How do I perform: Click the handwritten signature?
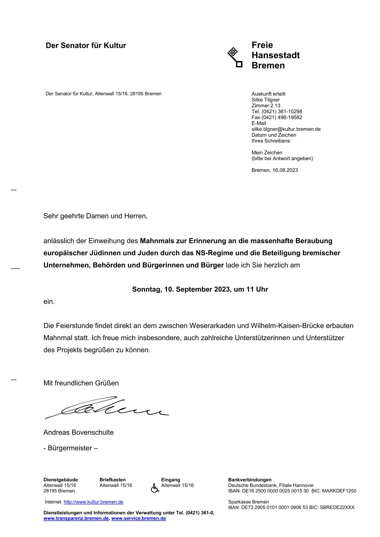pos(107,408)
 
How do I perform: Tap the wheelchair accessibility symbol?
pos(155,488)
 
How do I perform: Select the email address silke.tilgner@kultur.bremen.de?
pos(286,129)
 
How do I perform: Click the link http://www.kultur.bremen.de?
pos(93,502)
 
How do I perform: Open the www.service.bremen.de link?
pos(139,518)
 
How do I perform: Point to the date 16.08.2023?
pos(285,170)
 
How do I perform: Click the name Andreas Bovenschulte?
pos(79,433)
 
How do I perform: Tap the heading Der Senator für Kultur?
pos(86,46)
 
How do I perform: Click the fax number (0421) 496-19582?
pos(282,117)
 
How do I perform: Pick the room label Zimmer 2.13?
pos(266,106)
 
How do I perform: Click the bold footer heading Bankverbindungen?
pos(250,480)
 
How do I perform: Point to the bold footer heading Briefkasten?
pos(112,480)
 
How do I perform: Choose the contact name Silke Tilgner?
pos(265,100)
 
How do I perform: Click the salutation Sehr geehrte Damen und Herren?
pos(95,216)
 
